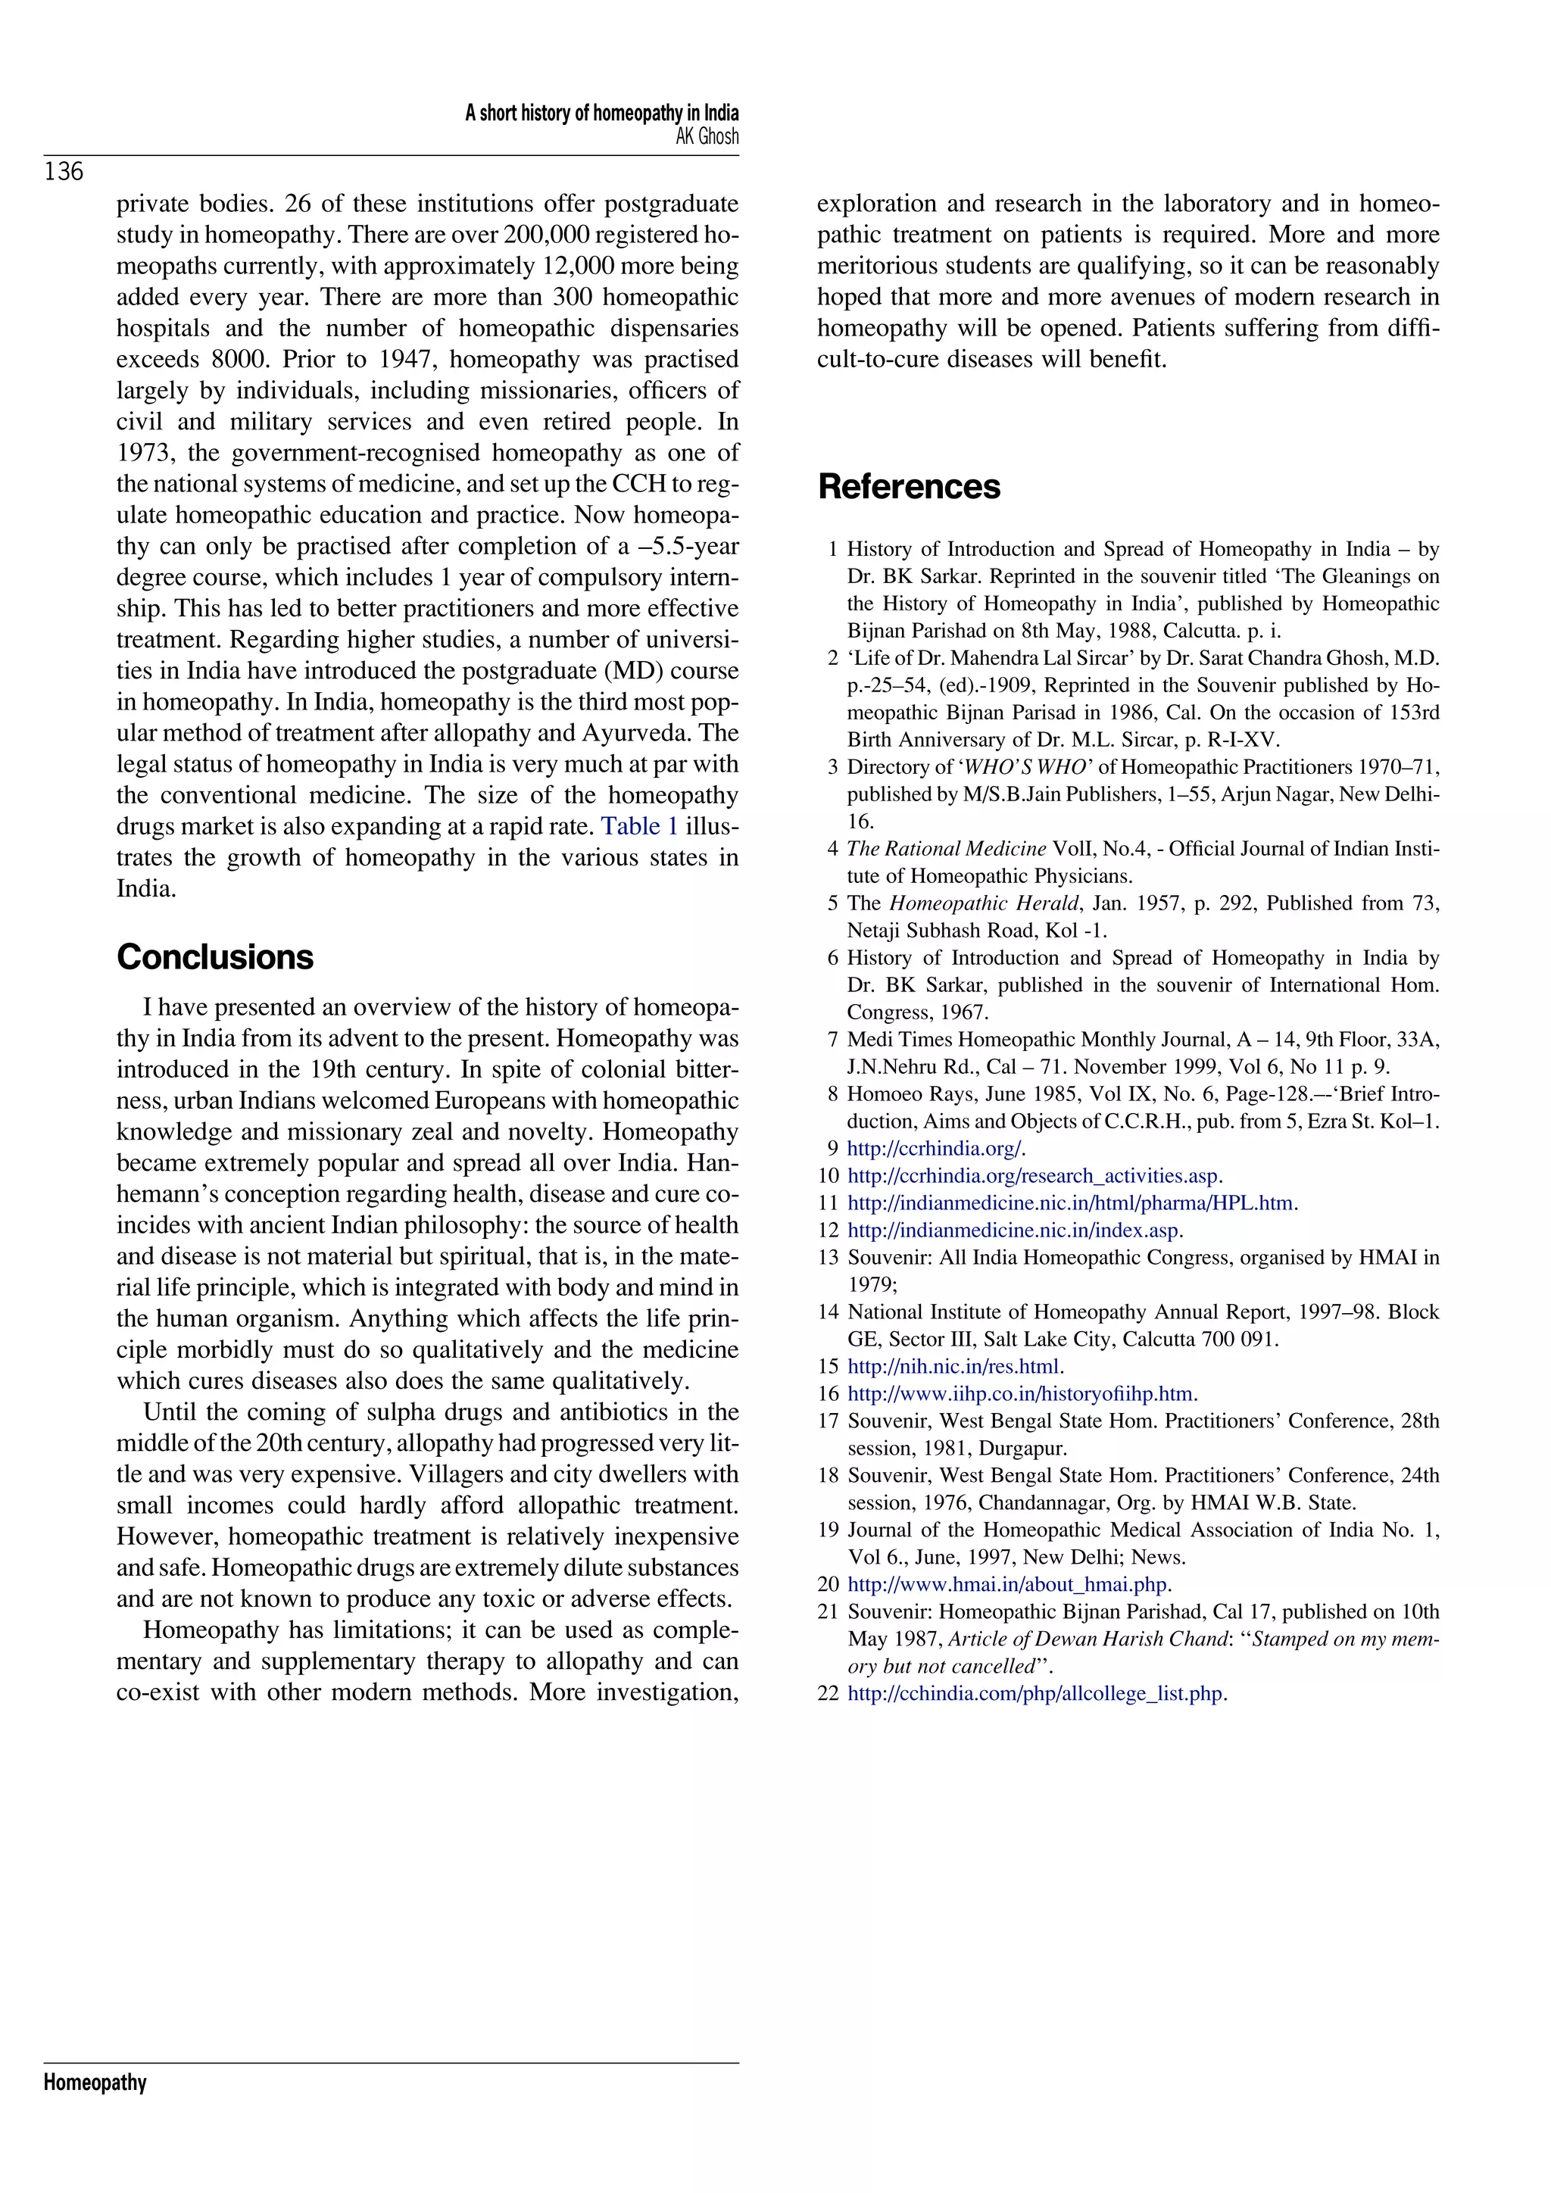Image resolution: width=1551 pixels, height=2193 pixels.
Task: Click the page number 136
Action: point(64,172)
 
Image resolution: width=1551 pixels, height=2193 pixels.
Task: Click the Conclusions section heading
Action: point(215,957)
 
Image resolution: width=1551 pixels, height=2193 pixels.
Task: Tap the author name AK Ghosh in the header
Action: point(707,136)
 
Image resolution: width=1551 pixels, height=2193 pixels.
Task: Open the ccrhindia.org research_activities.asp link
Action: point(1032,1176)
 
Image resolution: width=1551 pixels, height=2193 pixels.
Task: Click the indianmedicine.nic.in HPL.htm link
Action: point(1069,1203)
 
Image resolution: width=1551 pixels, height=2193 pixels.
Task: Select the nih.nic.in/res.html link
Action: point(953,1367)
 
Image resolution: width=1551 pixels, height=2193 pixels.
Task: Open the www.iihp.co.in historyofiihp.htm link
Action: point(1020,1393)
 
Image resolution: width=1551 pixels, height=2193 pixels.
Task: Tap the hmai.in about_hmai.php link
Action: point(1006,1585)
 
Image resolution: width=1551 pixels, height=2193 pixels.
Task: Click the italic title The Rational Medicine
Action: point(947,849)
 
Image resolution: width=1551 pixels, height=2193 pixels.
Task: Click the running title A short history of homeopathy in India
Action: point(601,113)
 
